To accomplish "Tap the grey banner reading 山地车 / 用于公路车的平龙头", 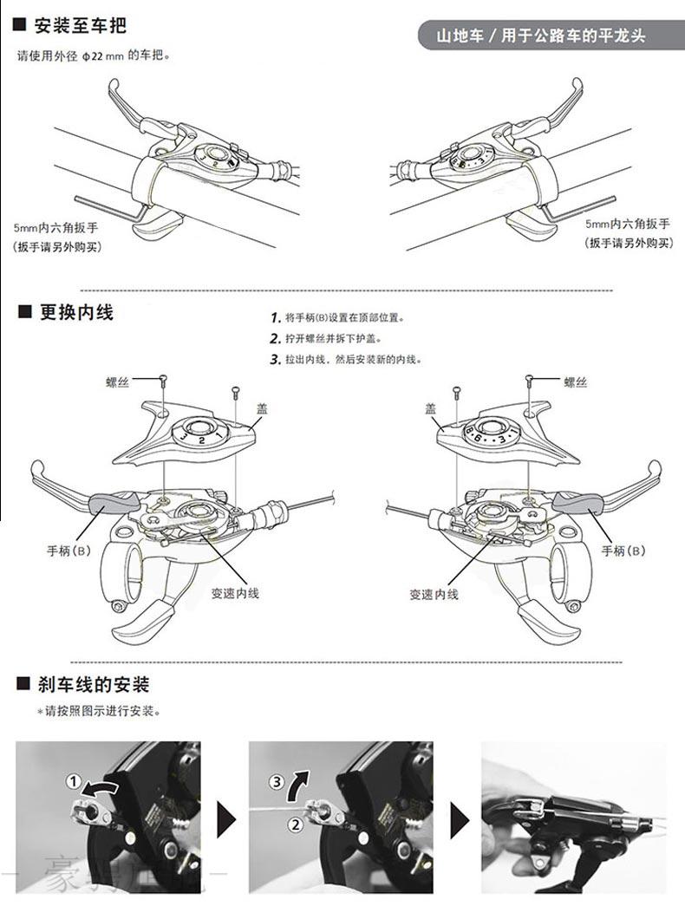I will click(x=541, y=36).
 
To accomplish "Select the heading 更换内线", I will click(x=75, y=312).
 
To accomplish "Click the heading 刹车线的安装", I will click(x=94, y=685).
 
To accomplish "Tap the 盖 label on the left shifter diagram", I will click(x=261, y=407).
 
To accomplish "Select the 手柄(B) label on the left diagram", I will click(x=68, y=551).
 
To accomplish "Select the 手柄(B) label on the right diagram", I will click(x=623, y=551).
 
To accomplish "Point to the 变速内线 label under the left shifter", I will click(x=235, y=594).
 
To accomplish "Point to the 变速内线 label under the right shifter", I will click(x=434, y=595).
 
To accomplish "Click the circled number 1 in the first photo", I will click(x=74, y=782).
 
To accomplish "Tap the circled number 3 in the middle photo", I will click(x=277, y=782).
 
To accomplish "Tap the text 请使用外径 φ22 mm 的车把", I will click(x=95, y=55).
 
